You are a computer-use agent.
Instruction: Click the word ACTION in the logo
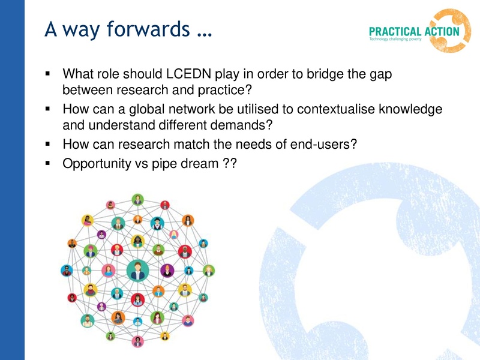tap(440, 32)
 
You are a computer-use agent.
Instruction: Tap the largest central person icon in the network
tap(137, 269)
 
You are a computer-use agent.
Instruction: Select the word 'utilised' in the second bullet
tap(238, 110)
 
